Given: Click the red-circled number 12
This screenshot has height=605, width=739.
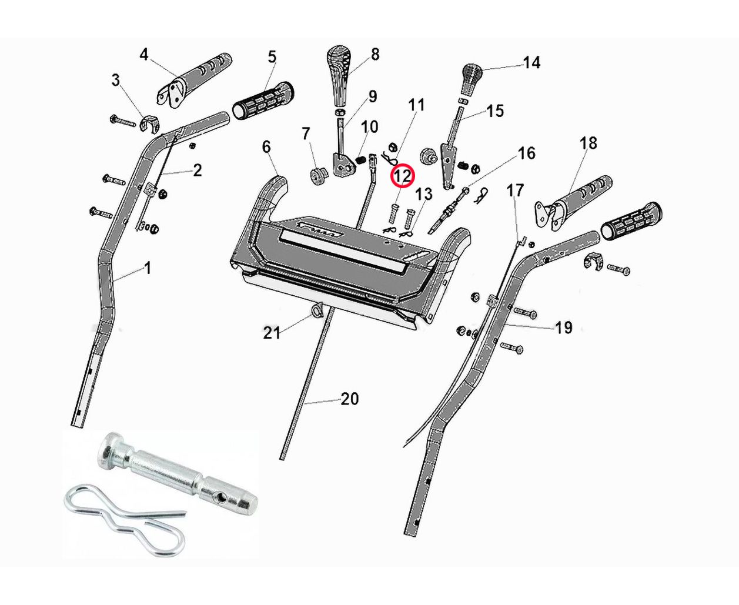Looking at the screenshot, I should pyautogui.click(x=403, y=176).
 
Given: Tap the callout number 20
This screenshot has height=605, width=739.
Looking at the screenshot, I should pyautogui.click(x=349, y=399).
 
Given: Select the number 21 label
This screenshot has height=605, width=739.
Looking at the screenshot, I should pyautogui.click(x=271, y=333).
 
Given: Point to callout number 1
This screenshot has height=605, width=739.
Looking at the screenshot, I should pyautogui.click(x=148, y=268).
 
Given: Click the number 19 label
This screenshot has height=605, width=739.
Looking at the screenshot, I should pyautogui.click(x=563, y=327).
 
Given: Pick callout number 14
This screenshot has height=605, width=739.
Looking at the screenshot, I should pyautogui.click(x=531, y=63).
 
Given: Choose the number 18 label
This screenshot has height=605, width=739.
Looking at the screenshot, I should pyautogui.click(x=588, y=143).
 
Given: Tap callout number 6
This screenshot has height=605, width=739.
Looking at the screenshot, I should pyautogui.click(x=266, y=146).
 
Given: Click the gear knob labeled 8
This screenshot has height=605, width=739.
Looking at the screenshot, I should pyautogui.click(x=339, y=73).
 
